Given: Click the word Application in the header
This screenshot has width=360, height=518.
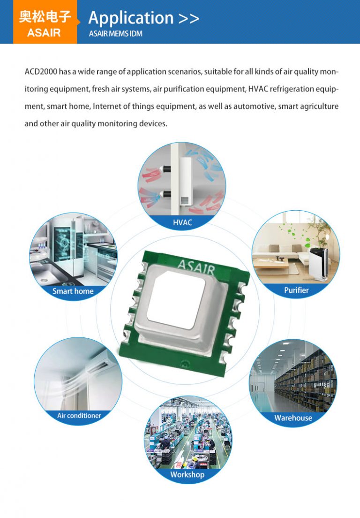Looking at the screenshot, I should pos(131,18).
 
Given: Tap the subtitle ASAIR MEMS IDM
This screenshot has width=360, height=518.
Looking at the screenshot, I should pos(115,34).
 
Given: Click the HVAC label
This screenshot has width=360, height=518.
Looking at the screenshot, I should pos(182,222).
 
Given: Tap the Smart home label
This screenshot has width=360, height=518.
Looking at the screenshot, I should pos(73,291).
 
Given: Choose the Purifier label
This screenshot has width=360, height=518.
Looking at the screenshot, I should pos(296,290).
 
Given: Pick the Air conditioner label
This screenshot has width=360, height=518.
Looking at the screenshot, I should pos(79,415).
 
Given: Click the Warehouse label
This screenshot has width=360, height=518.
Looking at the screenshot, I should pos(293,418).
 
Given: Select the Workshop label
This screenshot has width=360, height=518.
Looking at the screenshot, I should pos(187,474).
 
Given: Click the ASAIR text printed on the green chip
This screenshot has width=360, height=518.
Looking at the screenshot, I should pos(196,267).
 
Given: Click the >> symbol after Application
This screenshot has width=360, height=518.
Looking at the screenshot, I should pos(189,18).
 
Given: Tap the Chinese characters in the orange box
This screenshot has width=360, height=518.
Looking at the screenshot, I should pos(45,17).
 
